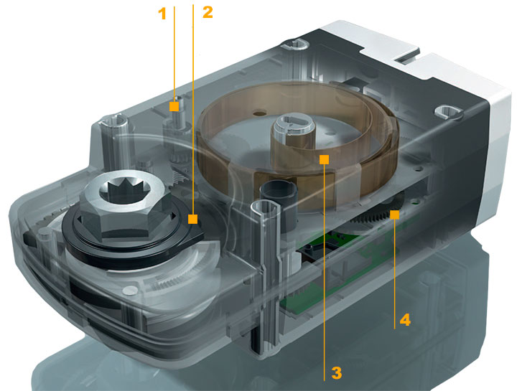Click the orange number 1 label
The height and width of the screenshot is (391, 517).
(x=162, y=14)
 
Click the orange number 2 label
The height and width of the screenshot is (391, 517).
(x=208, y=12)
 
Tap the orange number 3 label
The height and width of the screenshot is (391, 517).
(x=336, y=373)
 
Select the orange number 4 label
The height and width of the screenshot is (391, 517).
(x=405, y=320)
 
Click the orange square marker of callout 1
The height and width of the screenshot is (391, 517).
(x=174, y=106)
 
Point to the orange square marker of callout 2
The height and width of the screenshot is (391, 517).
(x=193, y=219)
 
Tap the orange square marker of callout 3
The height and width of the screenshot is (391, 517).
(x=325, y=159)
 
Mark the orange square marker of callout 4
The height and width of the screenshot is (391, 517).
(x=395, y=215)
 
